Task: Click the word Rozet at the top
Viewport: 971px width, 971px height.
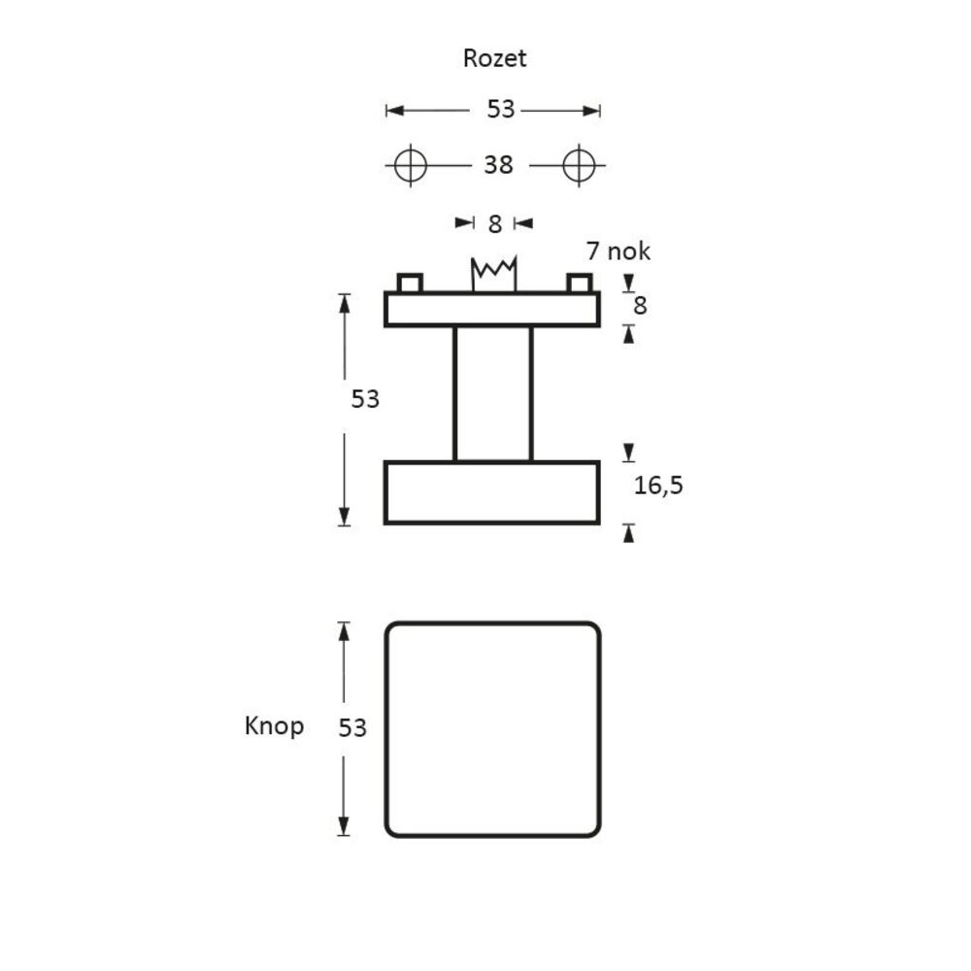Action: coord(494,58)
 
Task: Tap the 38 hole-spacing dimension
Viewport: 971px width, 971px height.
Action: coord(498,166)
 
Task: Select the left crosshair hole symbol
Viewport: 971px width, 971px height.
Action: coord(411,165)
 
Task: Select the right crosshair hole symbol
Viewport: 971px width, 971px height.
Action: coord(580,165)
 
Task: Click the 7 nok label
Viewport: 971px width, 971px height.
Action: coord(619,251)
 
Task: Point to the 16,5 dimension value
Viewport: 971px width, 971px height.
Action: coord(658,485)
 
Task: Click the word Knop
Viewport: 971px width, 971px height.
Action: coord(274,726)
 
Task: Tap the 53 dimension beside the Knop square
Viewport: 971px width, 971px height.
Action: coord(352,727)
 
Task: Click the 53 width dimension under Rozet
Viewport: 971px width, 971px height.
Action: coord(500,110)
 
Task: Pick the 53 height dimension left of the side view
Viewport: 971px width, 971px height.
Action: coord(365,398)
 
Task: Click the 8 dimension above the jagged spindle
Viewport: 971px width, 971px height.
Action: coord(494,224)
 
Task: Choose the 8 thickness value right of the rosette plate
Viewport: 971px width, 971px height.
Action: coord(640,306)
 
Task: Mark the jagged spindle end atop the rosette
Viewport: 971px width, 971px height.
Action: coord(493,273)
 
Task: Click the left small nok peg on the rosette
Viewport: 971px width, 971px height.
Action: coord(410,283)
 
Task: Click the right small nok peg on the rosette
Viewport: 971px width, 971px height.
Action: coord(579,283)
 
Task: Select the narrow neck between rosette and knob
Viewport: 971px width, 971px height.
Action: coord(492,393)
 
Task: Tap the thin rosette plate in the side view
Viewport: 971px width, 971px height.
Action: coord(492,309)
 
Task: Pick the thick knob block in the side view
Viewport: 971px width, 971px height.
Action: coord(492,492)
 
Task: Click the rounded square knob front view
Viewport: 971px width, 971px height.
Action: coord(492,729)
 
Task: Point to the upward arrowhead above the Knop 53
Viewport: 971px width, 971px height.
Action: coord(343,630)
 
